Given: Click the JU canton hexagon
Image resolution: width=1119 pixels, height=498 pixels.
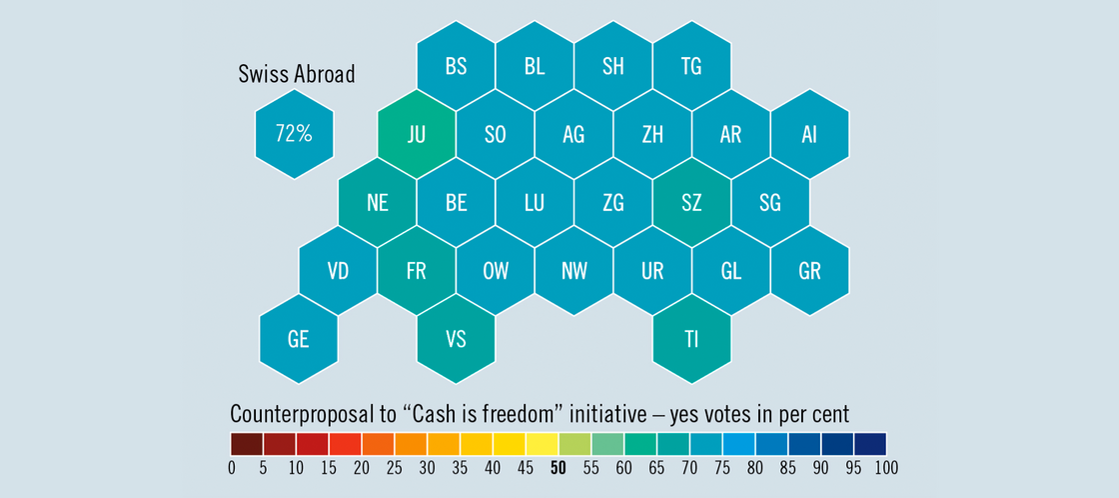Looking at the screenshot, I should click(417, 135).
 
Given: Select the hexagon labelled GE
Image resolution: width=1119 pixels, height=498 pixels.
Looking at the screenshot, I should click(298, 339).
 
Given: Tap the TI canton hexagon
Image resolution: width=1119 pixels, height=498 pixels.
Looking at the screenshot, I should click(691, 339).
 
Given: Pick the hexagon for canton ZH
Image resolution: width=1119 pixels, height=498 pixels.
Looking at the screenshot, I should click(652, 135).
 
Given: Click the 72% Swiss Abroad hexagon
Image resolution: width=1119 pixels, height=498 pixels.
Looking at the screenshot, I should click(295, 134).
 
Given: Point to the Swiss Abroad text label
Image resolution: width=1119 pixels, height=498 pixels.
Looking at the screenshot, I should click(297, 74).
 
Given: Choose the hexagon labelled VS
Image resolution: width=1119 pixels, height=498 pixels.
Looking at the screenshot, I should click(456, 339).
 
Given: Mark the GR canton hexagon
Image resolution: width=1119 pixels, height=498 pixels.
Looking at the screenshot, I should click(809, 271).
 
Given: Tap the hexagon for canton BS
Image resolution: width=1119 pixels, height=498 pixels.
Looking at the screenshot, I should click(456, 67).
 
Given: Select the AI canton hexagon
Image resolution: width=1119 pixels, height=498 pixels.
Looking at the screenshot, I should click(809, 135).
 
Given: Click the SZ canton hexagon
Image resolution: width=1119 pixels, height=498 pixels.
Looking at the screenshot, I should click(691, 203).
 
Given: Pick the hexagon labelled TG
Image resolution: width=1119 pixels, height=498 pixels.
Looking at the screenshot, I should click(691, 67).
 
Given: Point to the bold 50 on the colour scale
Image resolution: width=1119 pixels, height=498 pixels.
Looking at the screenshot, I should click(559, 468).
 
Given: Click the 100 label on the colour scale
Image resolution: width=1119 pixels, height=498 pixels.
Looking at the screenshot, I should click(885, 468).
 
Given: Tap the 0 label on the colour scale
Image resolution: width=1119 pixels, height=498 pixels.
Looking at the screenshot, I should click(232, 468).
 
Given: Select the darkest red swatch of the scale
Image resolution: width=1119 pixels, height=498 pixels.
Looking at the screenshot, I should click(247, 443).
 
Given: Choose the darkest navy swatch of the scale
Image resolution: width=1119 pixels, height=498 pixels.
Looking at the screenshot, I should click(870, 443).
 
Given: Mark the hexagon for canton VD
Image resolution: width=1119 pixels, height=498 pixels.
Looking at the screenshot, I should click(338, 271).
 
